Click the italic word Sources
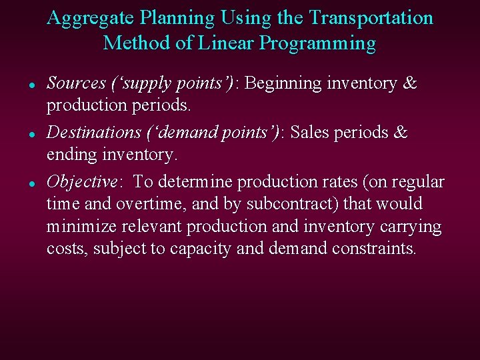point(76,84)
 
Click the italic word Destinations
point(93,133)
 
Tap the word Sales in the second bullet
point(314,133)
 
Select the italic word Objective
point(82,182)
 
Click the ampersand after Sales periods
point(400,133)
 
